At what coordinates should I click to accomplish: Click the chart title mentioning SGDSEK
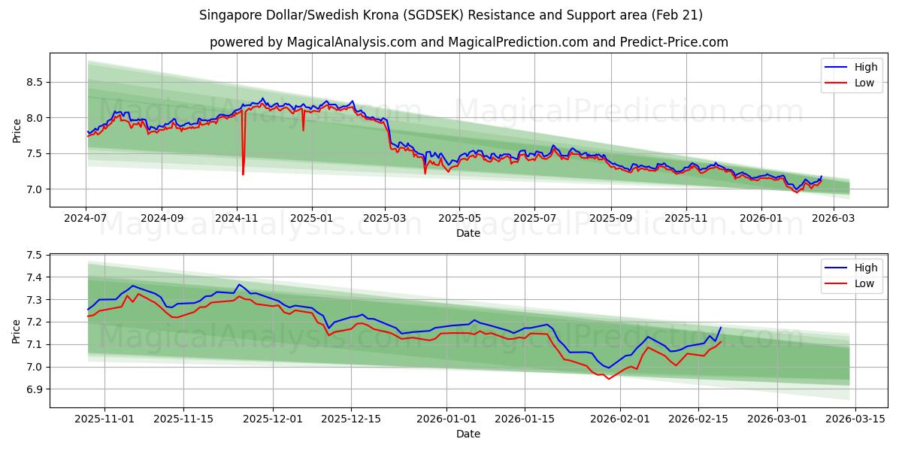tap(451, 15)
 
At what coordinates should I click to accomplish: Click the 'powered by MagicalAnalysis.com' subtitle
tap(468, 42)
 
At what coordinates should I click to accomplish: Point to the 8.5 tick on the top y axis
tap(33, 82)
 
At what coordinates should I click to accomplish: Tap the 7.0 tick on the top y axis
tap(33, 189)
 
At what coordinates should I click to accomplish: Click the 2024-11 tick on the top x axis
tap(237, 219)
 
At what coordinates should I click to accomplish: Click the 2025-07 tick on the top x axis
tap(534, 219)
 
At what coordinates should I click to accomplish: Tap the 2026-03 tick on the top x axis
tap(834, 219)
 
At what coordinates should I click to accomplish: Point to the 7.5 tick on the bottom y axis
tap(33, 256)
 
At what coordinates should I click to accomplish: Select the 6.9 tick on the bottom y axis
tap(33, 389)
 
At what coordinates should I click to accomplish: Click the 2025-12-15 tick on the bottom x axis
tap(350, 419)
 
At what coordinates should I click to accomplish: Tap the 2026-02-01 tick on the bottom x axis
tap(620, 419)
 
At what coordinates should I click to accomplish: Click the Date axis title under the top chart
tap(468, 233)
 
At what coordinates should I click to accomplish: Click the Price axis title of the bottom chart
tap(17, 331)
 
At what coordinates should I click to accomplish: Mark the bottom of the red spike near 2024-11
tap(243, 174)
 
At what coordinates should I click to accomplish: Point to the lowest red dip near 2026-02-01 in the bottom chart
tap(608, 379)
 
